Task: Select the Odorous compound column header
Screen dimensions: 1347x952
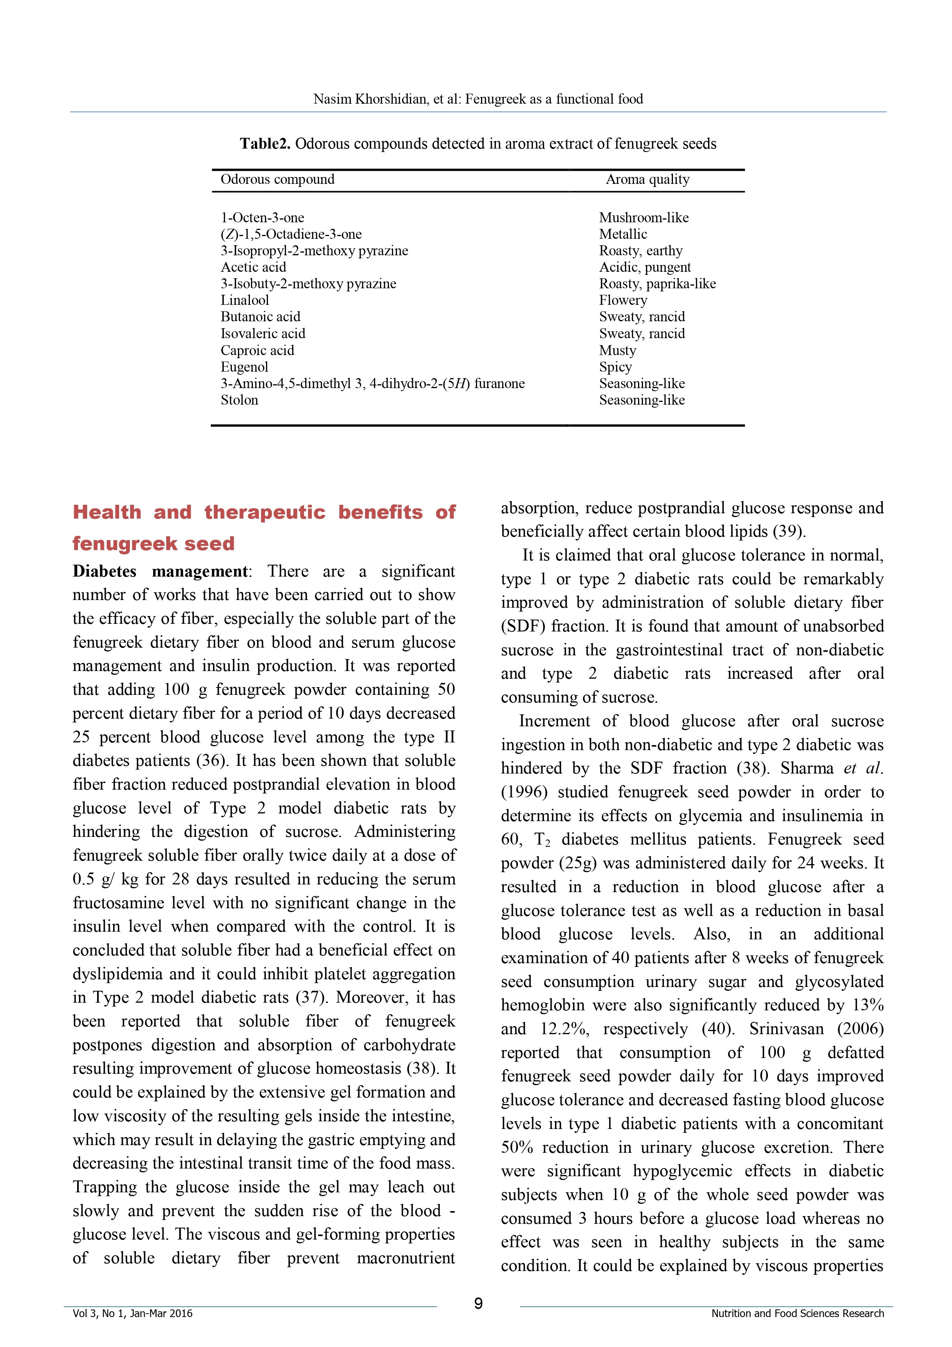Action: point(278,180)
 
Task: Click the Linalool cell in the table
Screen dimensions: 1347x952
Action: point(245,300)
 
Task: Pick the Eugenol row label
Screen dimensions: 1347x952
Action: point(244,367)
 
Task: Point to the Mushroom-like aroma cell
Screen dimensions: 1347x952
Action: point(643,218)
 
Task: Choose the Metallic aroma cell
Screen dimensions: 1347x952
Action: point(623,234)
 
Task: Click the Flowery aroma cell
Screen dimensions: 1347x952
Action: point(623,300)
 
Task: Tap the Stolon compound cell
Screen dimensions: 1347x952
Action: point(239,400)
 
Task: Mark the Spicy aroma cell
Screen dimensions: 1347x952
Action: point(615,367)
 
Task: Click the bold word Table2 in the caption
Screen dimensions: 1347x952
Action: point(264,144)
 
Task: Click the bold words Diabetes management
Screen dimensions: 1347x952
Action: point(160,572)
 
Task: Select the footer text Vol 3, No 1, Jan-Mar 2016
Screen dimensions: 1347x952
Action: point(132,1314)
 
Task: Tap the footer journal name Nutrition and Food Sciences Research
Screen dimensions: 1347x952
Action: point(797,1314)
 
